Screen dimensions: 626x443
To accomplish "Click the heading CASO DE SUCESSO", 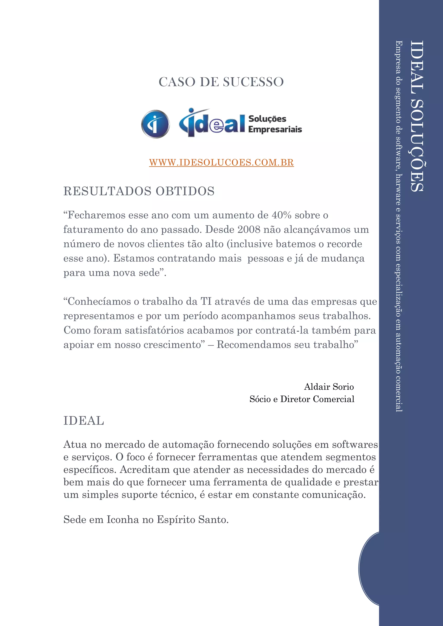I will click(x=221, y=82).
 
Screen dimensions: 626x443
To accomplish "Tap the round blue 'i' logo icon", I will click(x=155, y=124).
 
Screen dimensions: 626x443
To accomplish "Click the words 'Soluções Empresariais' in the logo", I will click(x=275, y=124).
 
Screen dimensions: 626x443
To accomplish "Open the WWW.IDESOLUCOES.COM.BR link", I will click(x=221, y=163).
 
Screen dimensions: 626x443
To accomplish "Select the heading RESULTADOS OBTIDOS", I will click(x=139, y=191).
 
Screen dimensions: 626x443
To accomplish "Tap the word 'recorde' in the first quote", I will click(x=344, y=244).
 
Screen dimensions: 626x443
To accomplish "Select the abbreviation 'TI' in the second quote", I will click(x=206, y=302).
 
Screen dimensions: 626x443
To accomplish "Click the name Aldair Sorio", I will click(x=329, y=387).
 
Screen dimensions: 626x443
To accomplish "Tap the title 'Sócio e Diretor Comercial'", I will click(x=302, y=399).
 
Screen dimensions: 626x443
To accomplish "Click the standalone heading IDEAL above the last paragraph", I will click(x=83, y=421).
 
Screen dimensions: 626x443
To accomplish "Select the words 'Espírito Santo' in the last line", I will click(x=192, y=520).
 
